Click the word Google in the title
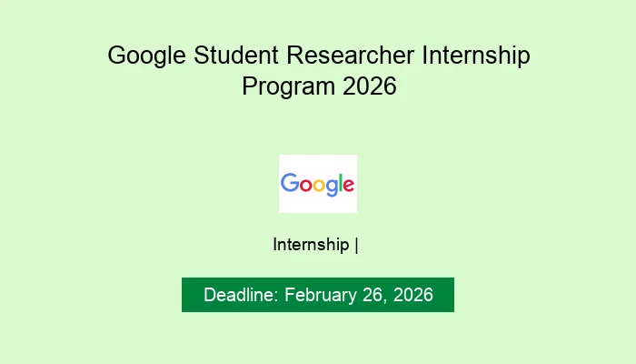(x=146, y=56)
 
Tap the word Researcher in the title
(x=354, y=56)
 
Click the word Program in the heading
(x=281, y=88)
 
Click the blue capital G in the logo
(x=290, y=183)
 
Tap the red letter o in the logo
(x=303, y=185)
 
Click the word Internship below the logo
(x=311, y=245)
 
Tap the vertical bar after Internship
(x=357, y=245)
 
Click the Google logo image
(x=318, y=184)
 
